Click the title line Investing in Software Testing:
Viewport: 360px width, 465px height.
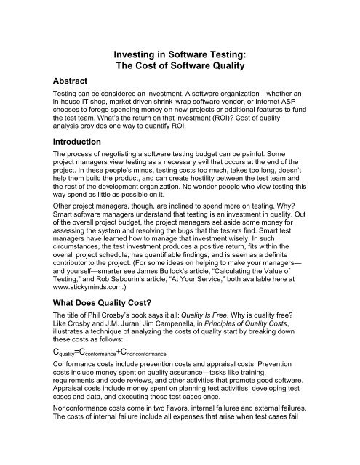[180, 54]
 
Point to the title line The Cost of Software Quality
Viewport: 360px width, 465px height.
[180, 67]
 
